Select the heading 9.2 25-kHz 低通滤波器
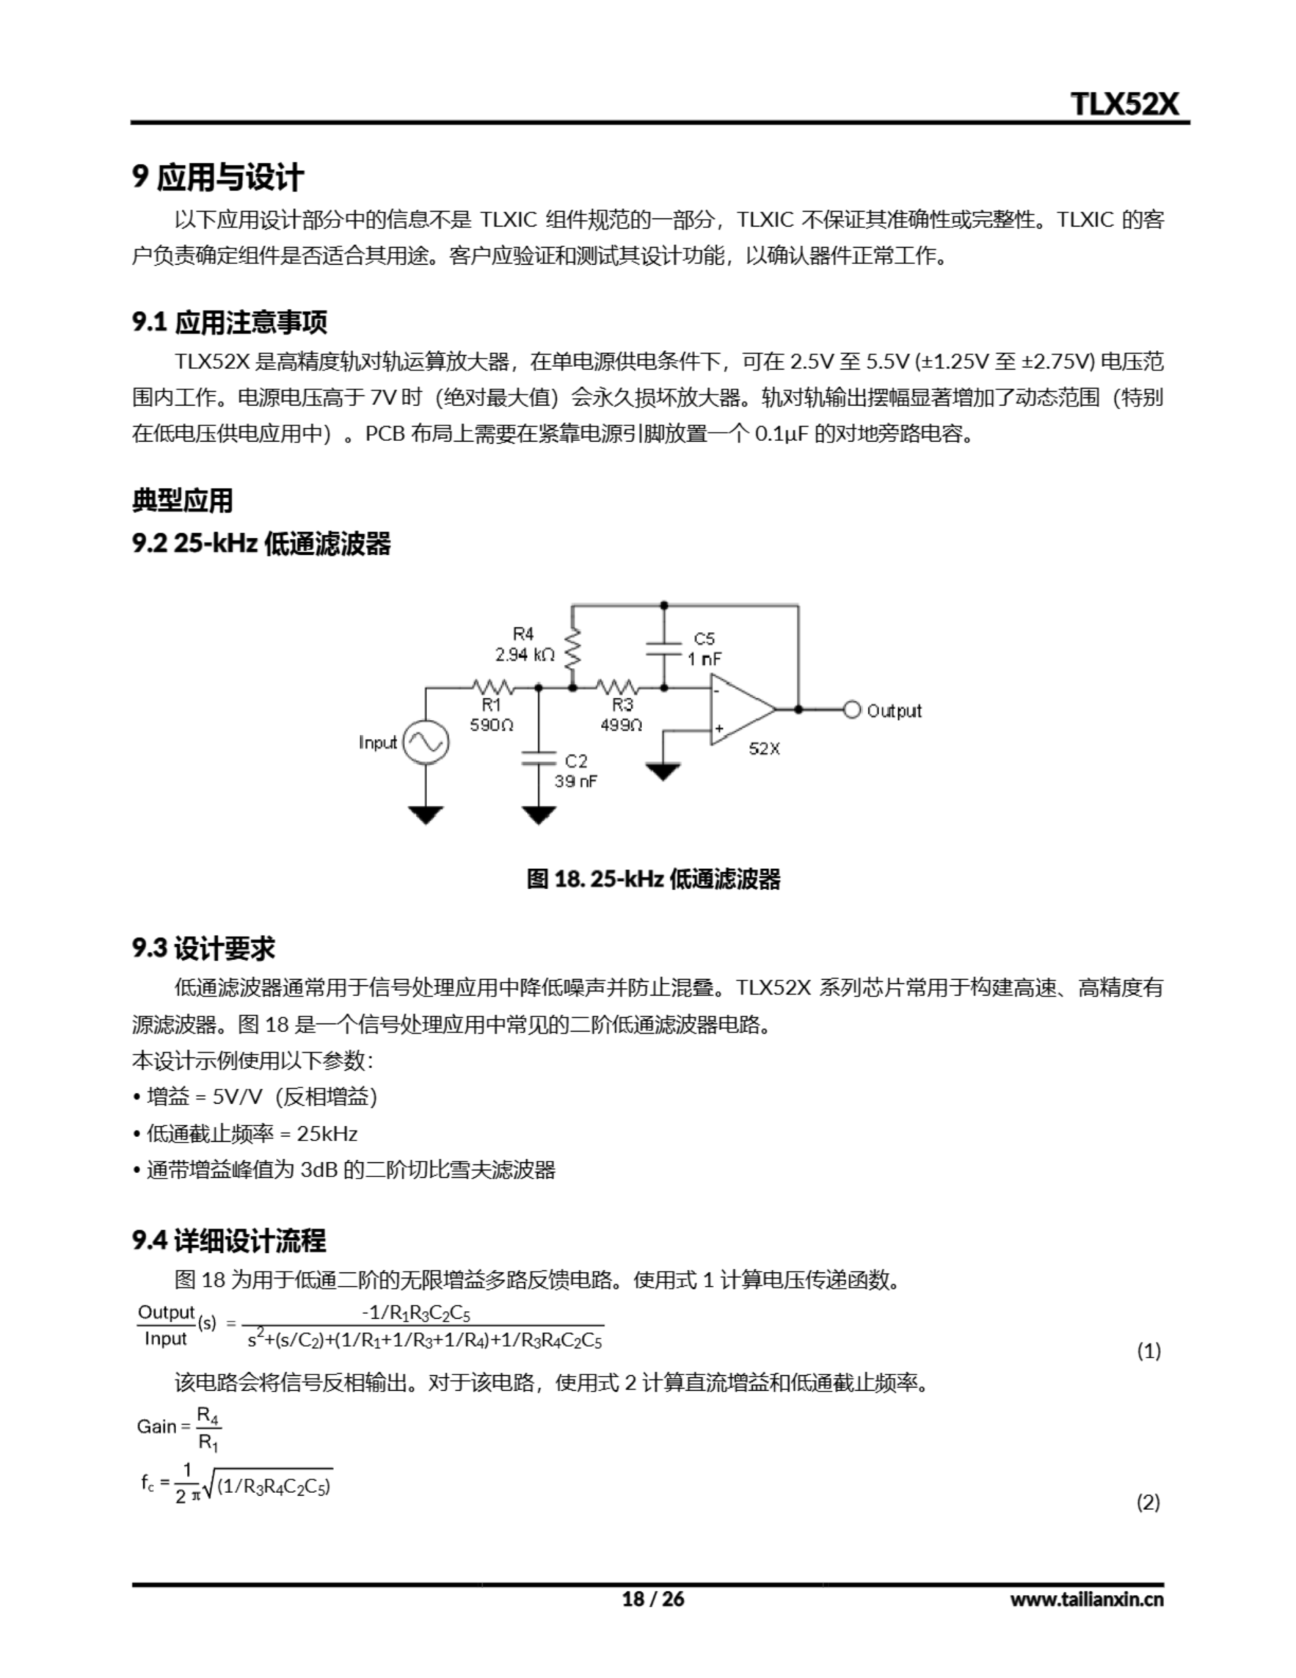tap(261, 544)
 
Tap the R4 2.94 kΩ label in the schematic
tap(524, 644)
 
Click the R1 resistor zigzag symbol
tap(491, 687)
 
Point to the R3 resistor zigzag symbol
tap(617, 687)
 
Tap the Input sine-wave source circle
tap(426, 742)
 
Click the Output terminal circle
tap(851, 710)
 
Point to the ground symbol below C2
tap(538, 815)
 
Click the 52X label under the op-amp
tap(763, 749)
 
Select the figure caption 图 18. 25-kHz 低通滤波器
tap(653, 879)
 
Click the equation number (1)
tap(1149, 1351)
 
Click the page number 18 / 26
tap(652, 1599)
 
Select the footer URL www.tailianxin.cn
tap(1086, 1599)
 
